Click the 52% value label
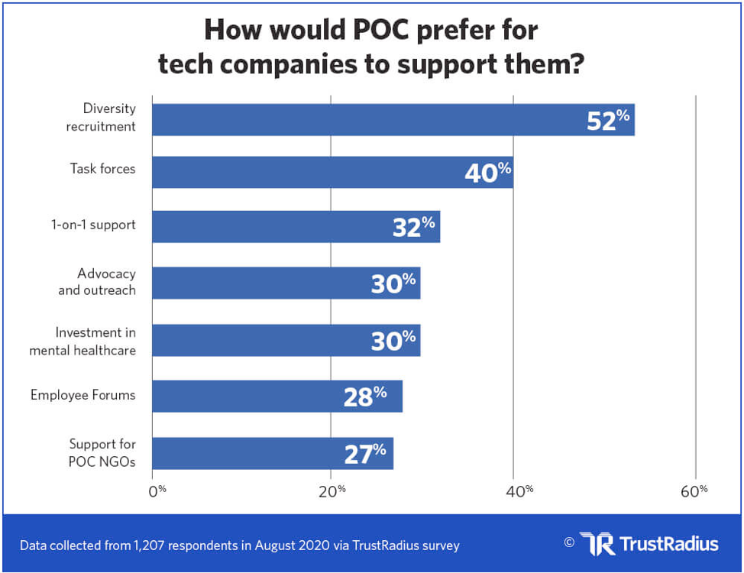[608, 120]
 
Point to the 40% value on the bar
[487, 173]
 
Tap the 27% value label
[365, 454]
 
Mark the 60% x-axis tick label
[694, 490]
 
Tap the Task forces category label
[102, 169]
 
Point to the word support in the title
[442, 64]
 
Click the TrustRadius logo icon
[596, 543]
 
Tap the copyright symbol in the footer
[568, 542]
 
